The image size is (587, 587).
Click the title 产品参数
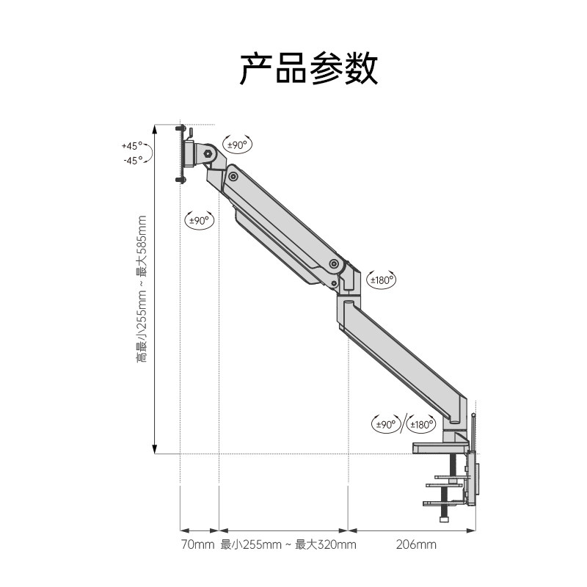click(308, 68)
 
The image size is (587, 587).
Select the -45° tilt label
click(133, 160)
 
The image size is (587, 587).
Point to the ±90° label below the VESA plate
click(199, 219)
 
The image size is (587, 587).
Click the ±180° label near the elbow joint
click(382, 279)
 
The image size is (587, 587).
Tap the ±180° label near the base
click(422, 424)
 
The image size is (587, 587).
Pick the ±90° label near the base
click(385, 424)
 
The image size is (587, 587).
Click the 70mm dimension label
click(197, 544)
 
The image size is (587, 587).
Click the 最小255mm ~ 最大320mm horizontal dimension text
click(288, 544)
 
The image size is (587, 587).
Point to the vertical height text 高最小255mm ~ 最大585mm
click(142, 288)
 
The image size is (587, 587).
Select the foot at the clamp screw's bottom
click(445, 519)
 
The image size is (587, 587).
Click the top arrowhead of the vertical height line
click(155, 128)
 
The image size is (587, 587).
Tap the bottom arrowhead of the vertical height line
click(155, 448)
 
